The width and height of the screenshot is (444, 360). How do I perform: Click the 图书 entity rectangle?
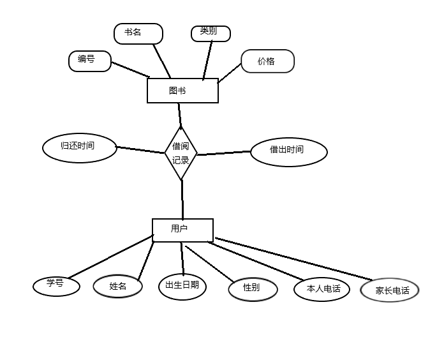(x=182, y=90)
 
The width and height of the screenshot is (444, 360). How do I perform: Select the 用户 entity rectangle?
(x=182, y=230)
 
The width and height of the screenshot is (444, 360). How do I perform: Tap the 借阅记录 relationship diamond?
(x=181, y=153)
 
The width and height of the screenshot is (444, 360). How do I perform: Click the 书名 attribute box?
(x=138, y=33)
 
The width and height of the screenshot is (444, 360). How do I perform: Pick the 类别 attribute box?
(x=210, y=33)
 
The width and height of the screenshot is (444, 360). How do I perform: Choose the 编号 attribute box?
(x=90, y=61)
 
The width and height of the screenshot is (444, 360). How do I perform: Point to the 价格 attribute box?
(x=267, y=61)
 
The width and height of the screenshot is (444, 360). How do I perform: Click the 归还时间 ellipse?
(x=80, y=147)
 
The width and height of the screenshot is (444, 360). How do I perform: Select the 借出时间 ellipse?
(x=288, y=151)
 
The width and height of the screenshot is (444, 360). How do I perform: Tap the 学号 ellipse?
(x=56, y=285)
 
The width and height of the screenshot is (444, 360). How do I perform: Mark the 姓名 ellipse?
(x=118, y=287)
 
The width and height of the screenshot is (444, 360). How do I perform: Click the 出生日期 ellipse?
(x=182, y=286)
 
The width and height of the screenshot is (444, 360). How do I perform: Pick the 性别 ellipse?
(x=253, y=289)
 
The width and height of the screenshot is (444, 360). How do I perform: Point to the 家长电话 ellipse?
(x=390, y=291)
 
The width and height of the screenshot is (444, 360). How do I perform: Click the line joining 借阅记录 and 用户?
(x=182, y=199)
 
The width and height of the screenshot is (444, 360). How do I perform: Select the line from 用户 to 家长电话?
(x=293, y=259)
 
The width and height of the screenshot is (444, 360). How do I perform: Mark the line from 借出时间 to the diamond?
(x=223, y=153)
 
